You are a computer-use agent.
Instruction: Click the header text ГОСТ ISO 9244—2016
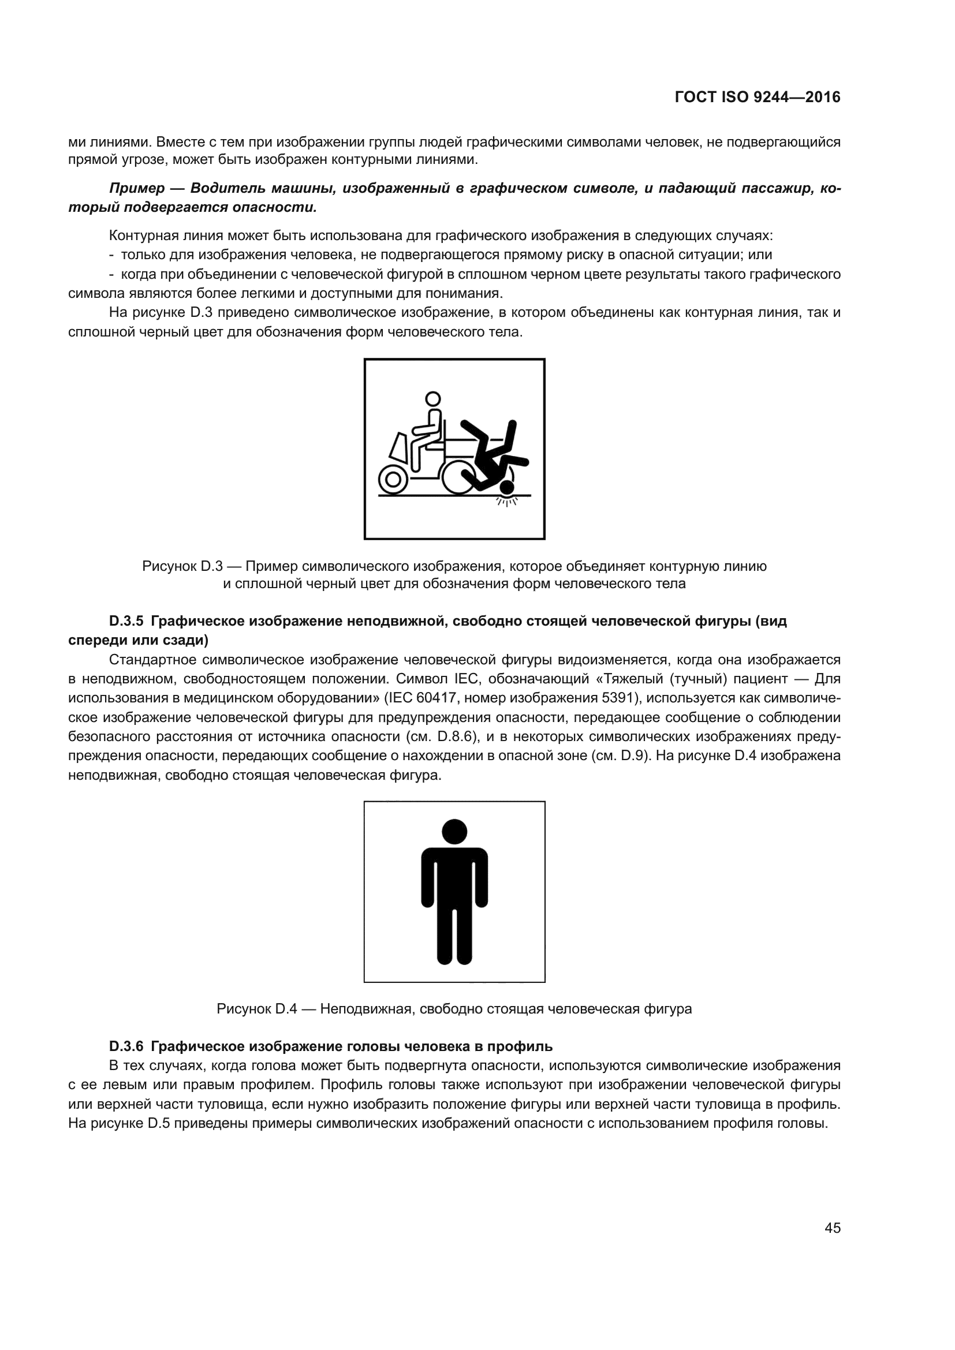pos(758,98)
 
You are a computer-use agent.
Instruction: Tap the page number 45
pos(832,1228)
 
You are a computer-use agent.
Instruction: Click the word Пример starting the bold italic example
pos(136,189)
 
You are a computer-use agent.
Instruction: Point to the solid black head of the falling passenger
pos(506,487)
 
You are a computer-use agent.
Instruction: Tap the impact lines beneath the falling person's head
pos(507,501)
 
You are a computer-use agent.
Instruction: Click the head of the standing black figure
pos(454,832)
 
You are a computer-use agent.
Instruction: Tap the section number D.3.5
pos(126,621)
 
